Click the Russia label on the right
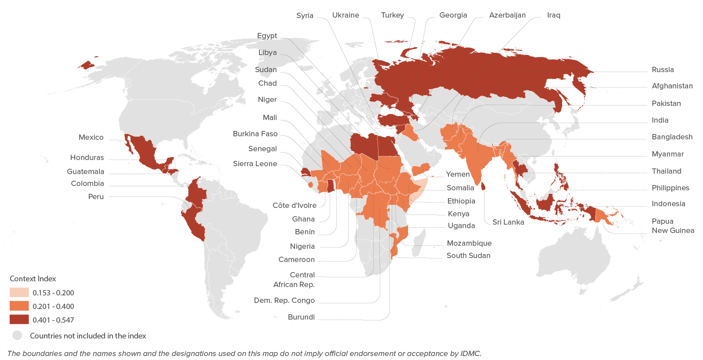tap(663, 69)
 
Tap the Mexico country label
tap(91, 138)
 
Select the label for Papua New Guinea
tap(673, 226)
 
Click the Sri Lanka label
tap(508, 222)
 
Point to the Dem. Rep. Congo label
tap(284, 301)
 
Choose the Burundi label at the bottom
tap(301, 317)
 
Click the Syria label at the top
tap(305, 15)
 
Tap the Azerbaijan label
tap(507, 15)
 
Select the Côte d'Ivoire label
tap(294, 206)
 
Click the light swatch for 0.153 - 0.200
tap(19, 293)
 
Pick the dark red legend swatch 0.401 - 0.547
tap(19, 320)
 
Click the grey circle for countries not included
tap(17, 336)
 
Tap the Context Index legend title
tap(33, 279)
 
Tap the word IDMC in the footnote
tap(470, 353)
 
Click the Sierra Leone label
tap(255, 164)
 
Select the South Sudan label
tap(468, 256)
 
